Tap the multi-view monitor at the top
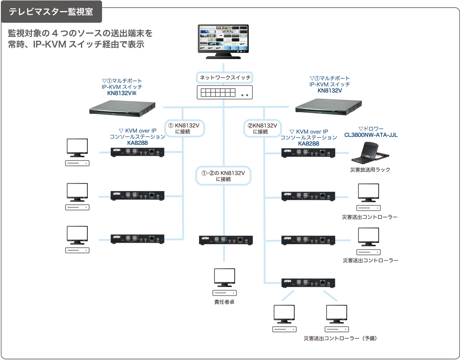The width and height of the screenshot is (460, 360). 223,41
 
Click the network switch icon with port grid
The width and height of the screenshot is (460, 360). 225,92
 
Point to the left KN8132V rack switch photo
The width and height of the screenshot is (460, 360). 123,108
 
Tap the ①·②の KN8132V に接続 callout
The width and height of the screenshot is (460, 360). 223,176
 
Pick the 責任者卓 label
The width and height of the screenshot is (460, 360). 224,302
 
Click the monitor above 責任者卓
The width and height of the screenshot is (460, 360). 225,278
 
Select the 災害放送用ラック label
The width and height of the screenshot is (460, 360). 370,170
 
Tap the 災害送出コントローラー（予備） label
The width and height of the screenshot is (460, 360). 340,338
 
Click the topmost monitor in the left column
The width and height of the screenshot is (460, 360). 77,148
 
